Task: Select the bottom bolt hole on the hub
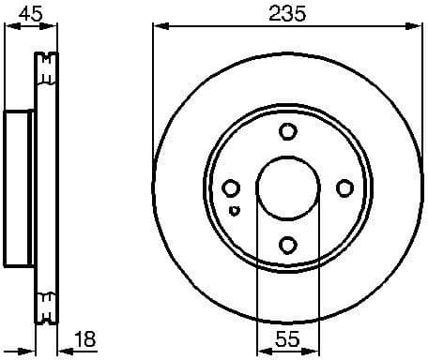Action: click(288, 246)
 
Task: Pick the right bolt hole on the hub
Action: click(344, 188)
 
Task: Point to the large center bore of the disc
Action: click(285, 188)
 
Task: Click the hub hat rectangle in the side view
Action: click(19, 188)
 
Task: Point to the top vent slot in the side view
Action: click(45, 67)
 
